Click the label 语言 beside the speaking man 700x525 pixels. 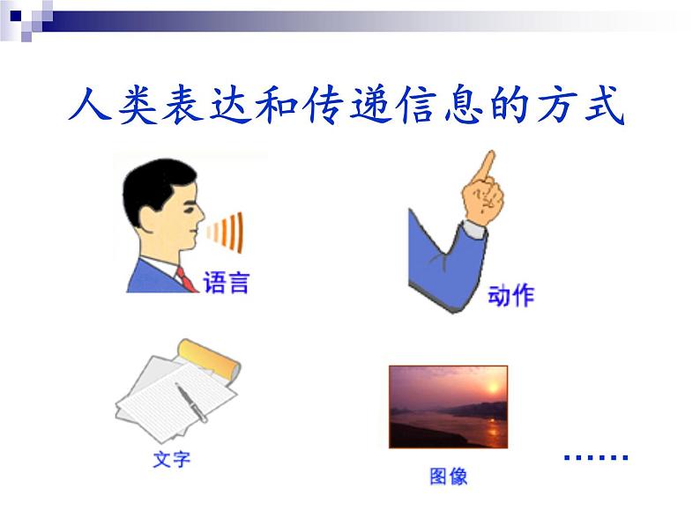[x=226, y=283]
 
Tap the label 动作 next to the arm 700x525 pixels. [x=510, y=295]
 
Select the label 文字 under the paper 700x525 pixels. [x=171, y=460]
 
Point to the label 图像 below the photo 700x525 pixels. [x=448, y=476]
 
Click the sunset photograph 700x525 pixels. [x=448, y=407]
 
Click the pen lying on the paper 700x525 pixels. [x=191, y=403]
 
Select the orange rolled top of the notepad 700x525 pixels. [x=209, y=359]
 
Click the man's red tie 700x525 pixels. [x=186, y=279]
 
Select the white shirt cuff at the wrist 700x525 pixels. [x=474, y=229]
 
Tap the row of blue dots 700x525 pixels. [x=596, y=457]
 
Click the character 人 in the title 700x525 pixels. [x=91, y=104]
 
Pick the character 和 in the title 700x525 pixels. [x=277, y=106]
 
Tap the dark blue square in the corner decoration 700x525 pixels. [x=16, y=16]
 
